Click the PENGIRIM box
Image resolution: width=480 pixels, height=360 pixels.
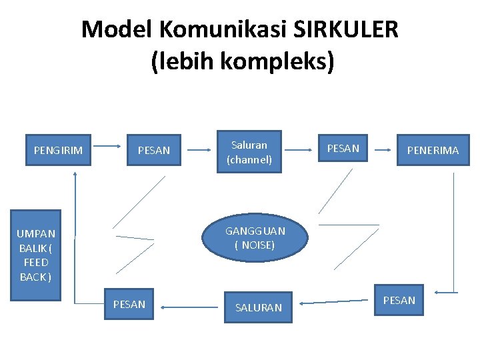(59, 150)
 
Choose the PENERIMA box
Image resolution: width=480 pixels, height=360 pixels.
(433, 150)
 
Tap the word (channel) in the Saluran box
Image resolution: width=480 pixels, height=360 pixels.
(249, 160)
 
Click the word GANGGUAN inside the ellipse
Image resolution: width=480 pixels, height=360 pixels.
(255, 231)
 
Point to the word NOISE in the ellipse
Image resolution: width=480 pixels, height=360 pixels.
(256, 245)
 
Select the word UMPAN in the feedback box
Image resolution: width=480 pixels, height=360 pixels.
(36, 233)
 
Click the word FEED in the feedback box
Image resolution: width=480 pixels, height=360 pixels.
(36, 262)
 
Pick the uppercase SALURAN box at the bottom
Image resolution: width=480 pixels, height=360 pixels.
(259, 307)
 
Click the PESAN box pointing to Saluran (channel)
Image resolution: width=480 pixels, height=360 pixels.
(154, 150)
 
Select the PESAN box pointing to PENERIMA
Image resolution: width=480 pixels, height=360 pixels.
(343, 148)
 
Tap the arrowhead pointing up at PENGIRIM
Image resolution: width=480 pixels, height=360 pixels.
(75, 174)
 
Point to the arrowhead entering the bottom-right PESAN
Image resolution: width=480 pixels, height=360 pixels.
(438, 292)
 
